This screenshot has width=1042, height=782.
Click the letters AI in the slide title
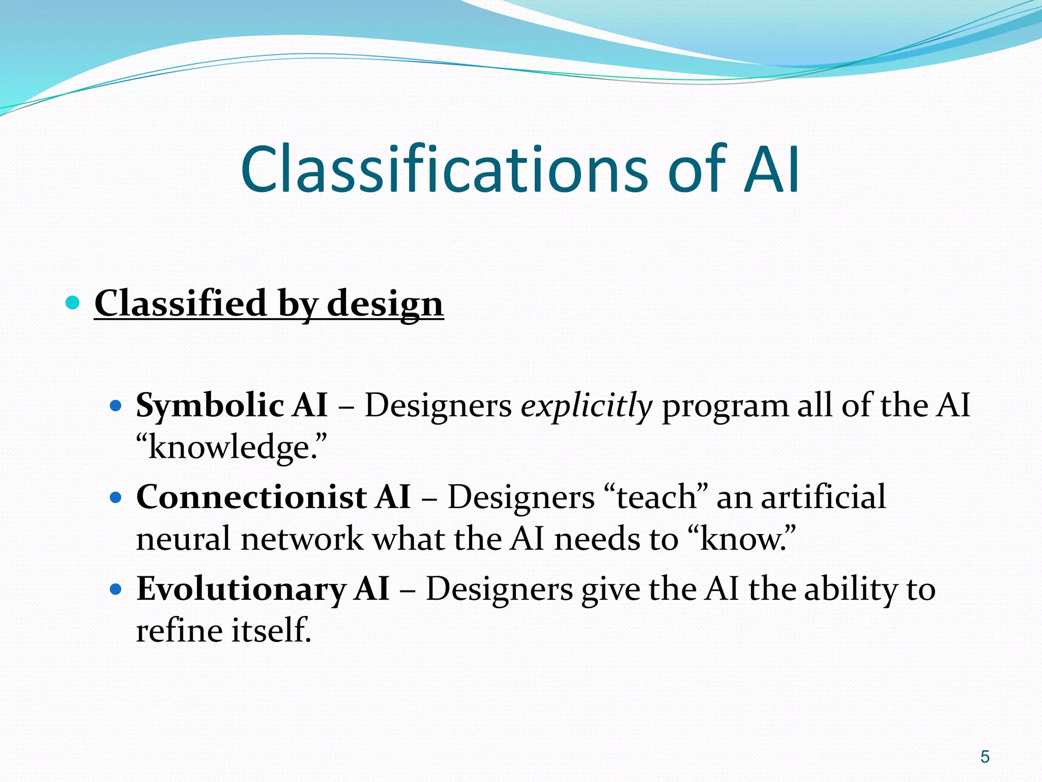(771, 170)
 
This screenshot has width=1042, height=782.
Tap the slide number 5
(985, 757)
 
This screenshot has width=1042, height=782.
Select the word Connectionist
(251, 497)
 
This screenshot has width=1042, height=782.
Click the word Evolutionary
(241, 590)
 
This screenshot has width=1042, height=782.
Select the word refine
(179, 631)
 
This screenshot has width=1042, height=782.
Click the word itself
(270, 631)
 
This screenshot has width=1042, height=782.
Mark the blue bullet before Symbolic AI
(116, 406)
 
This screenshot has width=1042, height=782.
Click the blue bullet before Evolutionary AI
(116, 590)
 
